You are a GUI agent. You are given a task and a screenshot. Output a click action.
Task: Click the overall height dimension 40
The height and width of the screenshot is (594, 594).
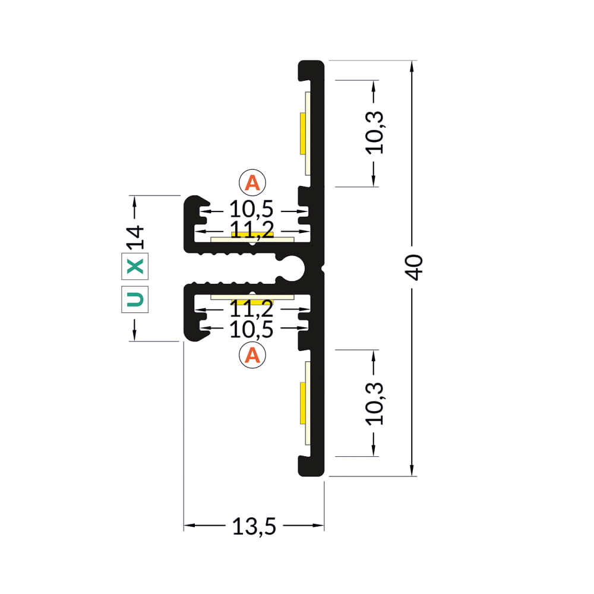[x=414, y=267]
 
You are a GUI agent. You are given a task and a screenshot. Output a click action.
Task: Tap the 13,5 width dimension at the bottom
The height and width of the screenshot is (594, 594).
[x=254, y=526]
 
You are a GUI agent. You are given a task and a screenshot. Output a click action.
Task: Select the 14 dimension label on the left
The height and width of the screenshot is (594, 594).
[x=135, y=238]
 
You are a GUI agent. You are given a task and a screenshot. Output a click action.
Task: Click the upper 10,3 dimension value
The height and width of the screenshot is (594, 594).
[x=375, y=132]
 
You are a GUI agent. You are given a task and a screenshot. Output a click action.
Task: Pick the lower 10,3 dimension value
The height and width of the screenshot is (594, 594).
[x=375, y=403]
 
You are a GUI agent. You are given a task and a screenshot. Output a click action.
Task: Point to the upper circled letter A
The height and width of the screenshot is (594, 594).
[x=252, y=182]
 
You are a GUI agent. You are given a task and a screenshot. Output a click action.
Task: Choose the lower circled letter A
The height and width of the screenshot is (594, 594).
[x=252, y=355]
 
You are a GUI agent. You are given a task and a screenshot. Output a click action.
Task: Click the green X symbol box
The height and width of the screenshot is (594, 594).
[x=135, y=266]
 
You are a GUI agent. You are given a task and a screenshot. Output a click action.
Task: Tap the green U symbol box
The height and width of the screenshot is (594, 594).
[x=135, y=299]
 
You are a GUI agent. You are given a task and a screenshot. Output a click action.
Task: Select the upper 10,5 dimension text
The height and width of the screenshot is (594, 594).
[x=251, y=210]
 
